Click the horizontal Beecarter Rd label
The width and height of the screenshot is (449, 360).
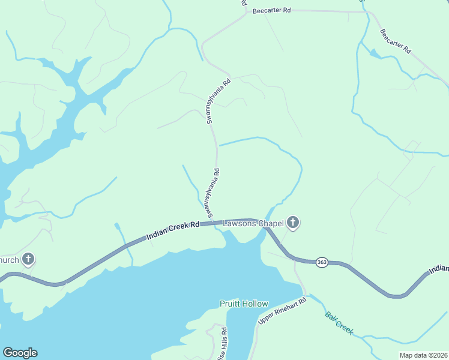coord(271,11)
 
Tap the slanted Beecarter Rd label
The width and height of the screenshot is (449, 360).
coord(396,41)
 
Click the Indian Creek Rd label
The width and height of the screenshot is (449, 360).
coord(172,231)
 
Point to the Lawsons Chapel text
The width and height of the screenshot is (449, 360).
coord(252,224)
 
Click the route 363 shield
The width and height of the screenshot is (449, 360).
coord(322,263)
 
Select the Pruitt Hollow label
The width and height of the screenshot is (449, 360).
coord(244,304)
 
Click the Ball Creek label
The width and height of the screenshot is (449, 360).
coord(339,323)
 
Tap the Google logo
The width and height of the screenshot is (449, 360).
coord(20,353)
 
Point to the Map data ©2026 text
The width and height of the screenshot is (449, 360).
coord(423,355)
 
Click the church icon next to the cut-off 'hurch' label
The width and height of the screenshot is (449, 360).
coord(28,260)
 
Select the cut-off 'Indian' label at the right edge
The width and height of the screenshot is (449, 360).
coord(439,269)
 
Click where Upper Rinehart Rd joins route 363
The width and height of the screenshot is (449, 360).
coord(294,259)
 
